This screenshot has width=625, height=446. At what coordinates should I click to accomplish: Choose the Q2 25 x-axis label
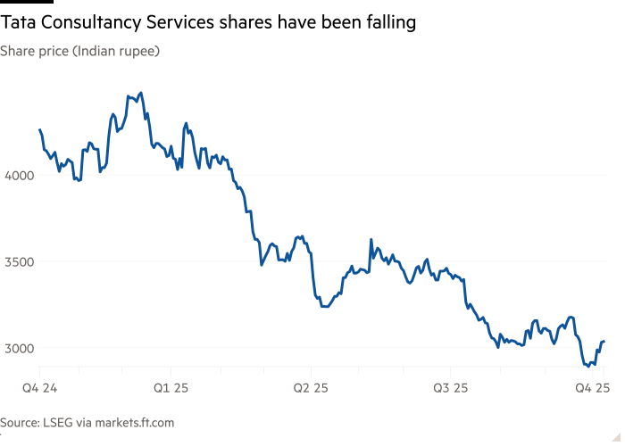[x=310, y=388]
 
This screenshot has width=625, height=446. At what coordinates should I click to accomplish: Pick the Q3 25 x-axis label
[x=450, y=388]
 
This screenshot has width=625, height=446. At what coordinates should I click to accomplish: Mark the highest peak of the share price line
[x=140, y=93]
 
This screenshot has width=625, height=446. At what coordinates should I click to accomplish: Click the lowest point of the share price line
[x=588, y=365]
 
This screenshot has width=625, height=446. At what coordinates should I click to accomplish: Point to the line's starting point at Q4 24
[x=39, y=129]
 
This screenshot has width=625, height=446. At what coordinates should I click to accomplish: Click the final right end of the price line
[x=604, y=342]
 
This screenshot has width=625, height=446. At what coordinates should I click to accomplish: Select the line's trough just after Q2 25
[x=325, y=306]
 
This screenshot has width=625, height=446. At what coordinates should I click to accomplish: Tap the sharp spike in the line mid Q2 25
[x=371, y=239]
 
